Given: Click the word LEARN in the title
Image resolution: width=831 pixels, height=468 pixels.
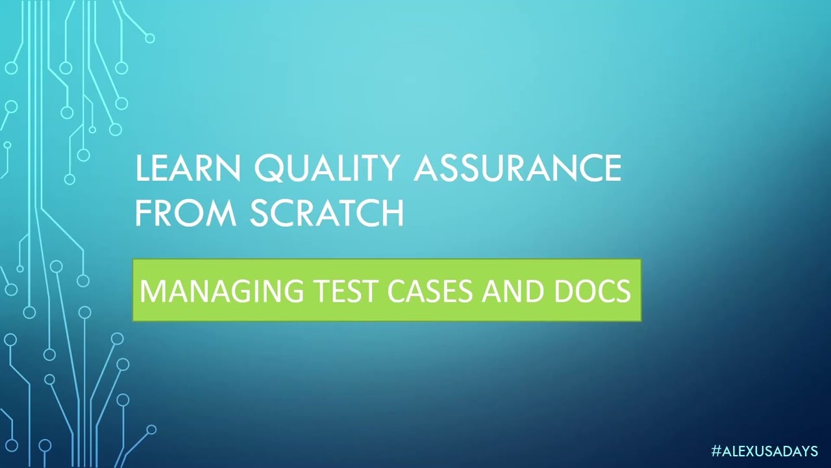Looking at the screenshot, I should pos(188,169).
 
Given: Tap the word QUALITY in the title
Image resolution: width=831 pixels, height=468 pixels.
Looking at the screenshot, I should pos(327,169).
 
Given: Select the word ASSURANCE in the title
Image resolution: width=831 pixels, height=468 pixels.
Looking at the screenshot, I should pos(517,169).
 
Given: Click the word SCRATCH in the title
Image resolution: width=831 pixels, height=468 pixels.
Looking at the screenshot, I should pos(327,213).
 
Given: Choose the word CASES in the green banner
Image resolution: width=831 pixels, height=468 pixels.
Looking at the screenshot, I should pos(431,291).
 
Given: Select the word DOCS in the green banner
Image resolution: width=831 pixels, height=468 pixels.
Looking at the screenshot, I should pos(592,291).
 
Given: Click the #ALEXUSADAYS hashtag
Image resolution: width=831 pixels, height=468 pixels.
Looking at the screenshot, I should pos(764,450).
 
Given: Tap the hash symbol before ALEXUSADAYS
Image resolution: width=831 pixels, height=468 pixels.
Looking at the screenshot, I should pos(716,450).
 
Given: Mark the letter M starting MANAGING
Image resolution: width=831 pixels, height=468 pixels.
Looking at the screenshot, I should pos(151,291).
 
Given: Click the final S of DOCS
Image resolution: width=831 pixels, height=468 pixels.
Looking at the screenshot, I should pos(623,291).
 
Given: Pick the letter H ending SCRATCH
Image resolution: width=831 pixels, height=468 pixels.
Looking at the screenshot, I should pos(392,213).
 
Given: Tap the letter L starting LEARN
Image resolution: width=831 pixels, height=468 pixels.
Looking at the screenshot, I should pos(142,169).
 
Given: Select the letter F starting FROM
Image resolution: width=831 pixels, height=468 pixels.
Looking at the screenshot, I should pos(142,213).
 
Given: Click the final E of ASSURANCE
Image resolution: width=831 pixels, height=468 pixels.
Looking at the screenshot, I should pos(613,169).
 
